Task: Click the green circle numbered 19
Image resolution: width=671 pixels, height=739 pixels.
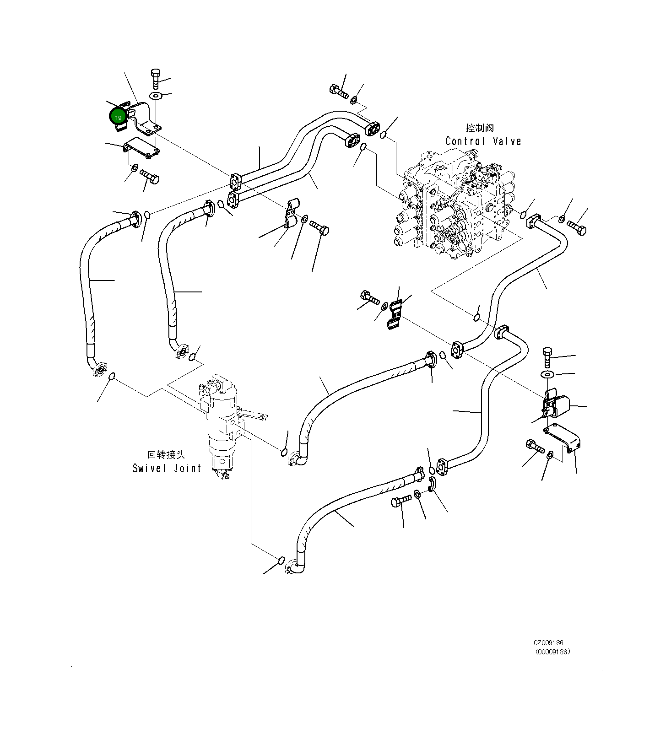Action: (x=118, y=117)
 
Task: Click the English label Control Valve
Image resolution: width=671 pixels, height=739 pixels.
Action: (x=483, y=141)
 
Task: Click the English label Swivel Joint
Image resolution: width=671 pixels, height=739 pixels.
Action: (x=167, y=468)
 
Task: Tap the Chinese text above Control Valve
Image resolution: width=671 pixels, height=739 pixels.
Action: (x=480, y=128)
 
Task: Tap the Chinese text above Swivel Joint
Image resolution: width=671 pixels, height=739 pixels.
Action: (x=166, y=455)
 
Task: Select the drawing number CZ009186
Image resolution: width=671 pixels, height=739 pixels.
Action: (x=548, y=643)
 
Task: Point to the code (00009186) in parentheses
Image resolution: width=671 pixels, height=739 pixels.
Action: (x=552, y=652)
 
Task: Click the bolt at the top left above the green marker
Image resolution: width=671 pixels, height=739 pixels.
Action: (x=155, y=78)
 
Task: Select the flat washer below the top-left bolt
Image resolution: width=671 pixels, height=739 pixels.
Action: (x=156, y=96)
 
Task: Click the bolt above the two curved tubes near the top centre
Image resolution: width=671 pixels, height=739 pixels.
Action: (x=339, y=91)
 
